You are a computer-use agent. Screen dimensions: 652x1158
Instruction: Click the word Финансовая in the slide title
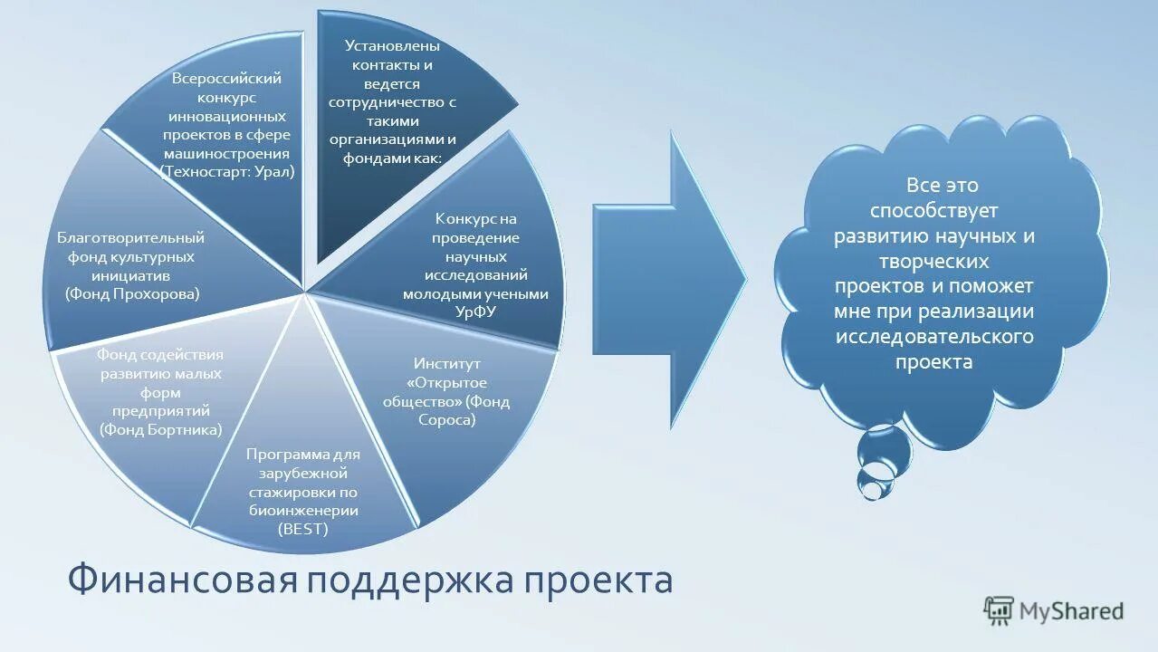182,580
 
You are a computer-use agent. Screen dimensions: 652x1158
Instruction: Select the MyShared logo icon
999,610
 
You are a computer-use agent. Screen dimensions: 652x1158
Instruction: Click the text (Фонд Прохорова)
132,293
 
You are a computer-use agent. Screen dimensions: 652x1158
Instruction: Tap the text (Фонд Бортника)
161,430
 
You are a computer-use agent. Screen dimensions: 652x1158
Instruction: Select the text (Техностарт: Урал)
227,170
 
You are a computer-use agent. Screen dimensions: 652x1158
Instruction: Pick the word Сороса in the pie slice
446,420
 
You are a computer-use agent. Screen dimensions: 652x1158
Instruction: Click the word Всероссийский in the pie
226,79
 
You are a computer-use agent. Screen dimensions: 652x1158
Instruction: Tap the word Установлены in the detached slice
392,46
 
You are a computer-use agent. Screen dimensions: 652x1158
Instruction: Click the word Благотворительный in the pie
131,238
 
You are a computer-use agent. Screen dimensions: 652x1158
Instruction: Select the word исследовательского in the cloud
934,337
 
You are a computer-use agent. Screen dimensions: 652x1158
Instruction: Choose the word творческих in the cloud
933,261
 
